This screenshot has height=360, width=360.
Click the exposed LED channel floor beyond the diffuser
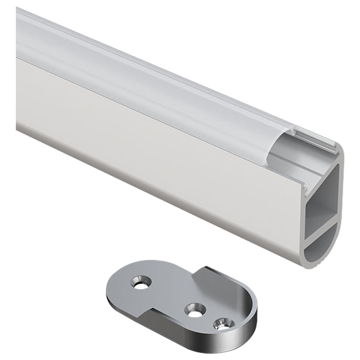coord(288,169)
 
